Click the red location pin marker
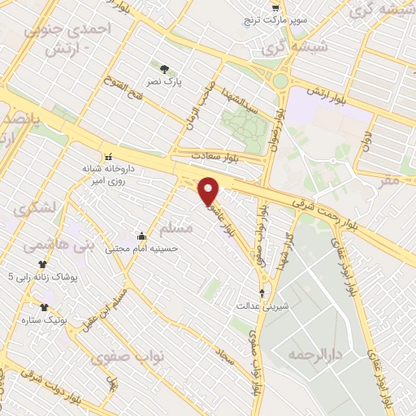click(210, 189)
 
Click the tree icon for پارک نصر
click(166, 69)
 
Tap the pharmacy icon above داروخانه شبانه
click(107, 157)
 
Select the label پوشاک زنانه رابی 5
click(44, 277)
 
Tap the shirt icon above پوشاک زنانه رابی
click(42, 264)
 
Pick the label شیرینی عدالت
click(261, 306)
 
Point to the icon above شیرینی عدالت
click(262, 293)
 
